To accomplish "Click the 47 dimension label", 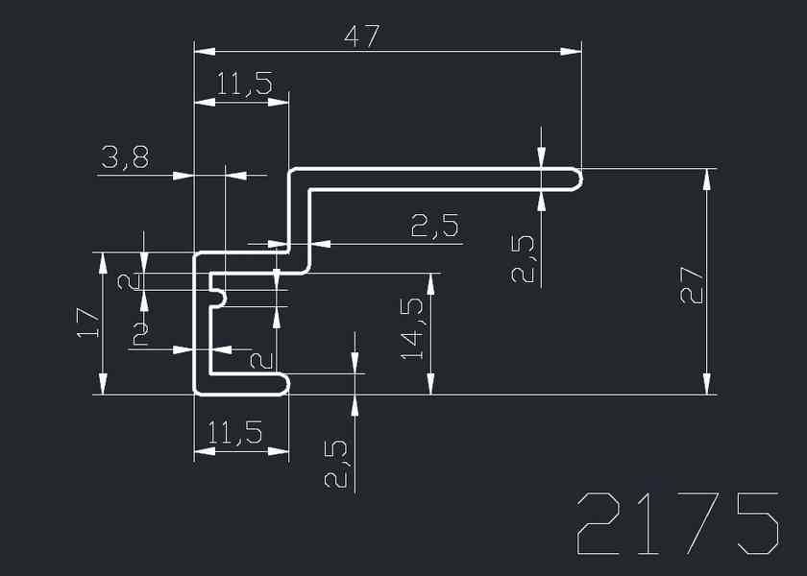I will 362,36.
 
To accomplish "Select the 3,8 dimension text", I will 125,158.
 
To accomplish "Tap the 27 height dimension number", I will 693,284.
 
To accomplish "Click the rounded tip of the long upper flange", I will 577,179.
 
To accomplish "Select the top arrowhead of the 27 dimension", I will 708,176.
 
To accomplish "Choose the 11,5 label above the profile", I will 243,85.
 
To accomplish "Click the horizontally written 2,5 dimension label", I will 434,228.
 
